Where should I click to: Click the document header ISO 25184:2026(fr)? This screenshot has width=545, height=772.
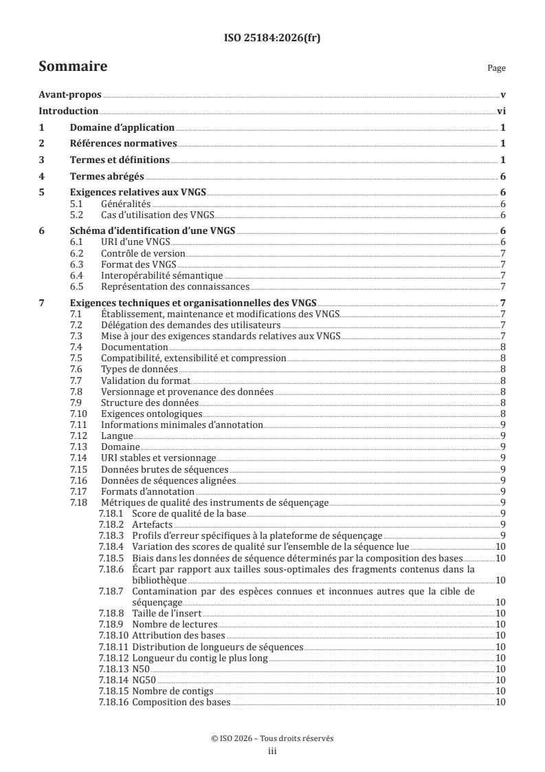[272, 39]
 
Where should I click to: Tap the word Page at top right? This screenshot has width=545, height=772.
[496, 69]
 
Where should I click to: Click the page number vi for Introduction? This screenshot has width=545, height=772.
[501, 111]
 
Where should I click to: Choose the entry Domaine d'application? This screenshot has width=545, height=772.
[122, 128]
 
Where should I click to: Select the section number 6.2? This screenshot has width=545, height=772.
[78, 255]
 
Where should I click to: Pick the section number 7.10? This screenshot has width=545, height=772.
[80, 414]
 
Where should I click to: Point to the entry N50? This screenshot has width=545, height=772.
[140, 668]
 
